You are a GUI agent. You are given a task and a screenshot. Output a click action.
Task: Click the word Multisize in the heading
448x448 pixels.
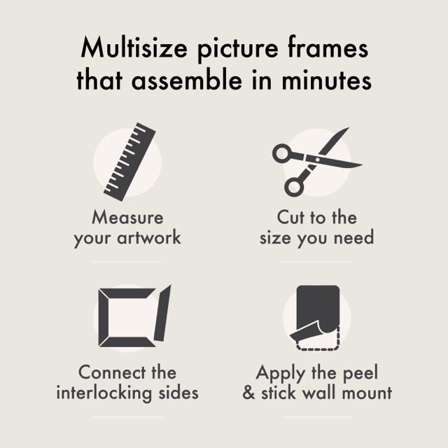coord(134,48)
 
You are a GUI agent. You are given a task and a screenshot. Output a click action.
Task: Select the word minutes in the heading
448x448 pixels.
coord(327,80)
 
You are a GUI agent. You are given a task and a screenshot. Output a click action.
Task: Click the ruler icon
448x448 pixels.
coord(129,162)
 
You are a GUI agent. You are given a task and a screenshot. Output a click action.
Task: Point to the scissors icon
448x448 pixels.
coord(317,162)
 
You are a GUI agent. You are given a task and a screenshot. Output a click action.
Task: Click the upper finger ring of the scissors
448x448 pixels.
coord(282,154)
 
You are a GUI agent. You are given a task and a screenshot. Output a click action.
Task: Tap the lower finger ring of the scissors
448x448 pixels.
coord(294,187)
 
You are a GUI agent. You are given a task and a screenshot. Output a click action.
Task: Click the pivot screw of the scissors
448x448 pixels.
coord(317,160)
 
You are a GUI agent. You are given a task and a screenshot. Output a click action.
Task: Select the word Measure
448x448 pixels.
coord(127,218)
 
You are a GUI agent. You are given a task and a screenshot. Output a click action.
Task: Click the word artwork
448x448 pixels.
coord(149,237)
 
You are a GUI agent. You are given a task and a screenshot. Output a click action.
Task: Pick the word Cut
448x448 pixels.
coord(290,218)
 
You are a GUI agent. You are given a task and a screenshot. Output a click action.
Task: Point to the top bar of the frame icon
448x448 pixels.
coord(127,293)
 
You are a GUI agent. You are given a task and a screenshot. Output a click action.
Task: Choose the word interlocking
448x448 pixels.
coord(104,393)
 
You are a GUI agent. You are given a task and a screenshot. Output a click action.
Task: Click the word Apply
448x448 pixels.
coord(281,374)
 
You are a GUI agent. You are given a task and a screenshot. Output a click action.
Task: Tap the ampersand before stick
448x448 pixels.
coord(248,393)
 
